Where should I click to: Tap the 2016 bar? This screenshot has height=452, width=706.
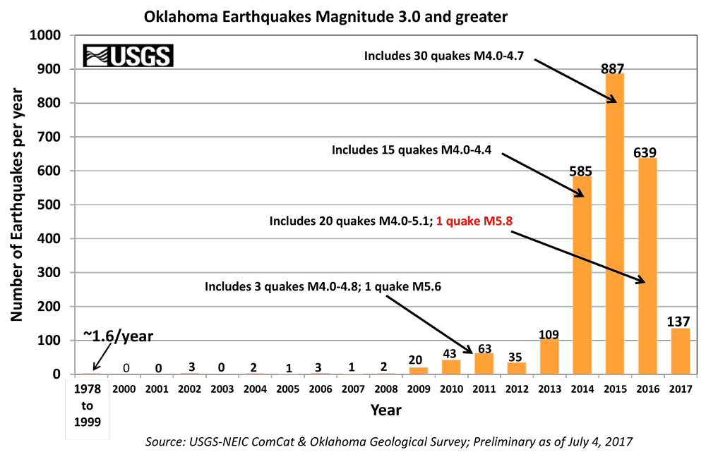point(647,268)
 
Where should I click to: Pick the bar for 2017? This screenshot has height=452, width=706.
point(680,351)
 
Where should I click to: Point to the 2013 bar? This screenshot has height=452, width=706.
point(549,356)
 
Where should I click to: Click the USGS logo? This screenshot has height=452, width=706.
point(128,55)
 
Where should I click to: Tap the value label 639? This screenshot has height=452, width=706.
point(647,152)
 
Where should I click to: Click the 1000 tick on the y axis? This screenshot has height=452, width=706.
point(44,35)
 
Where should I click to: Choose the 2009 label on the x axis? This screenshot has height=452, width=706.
point(417,388)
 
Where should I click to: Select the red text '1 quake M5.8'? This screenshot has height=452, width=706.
point(474,221)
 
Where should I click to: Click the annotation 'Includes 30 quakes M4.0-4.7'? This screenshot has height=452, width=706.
point(448,55)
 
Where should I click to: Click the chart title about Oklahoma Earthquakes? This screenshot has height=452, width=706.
point(325,16)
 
